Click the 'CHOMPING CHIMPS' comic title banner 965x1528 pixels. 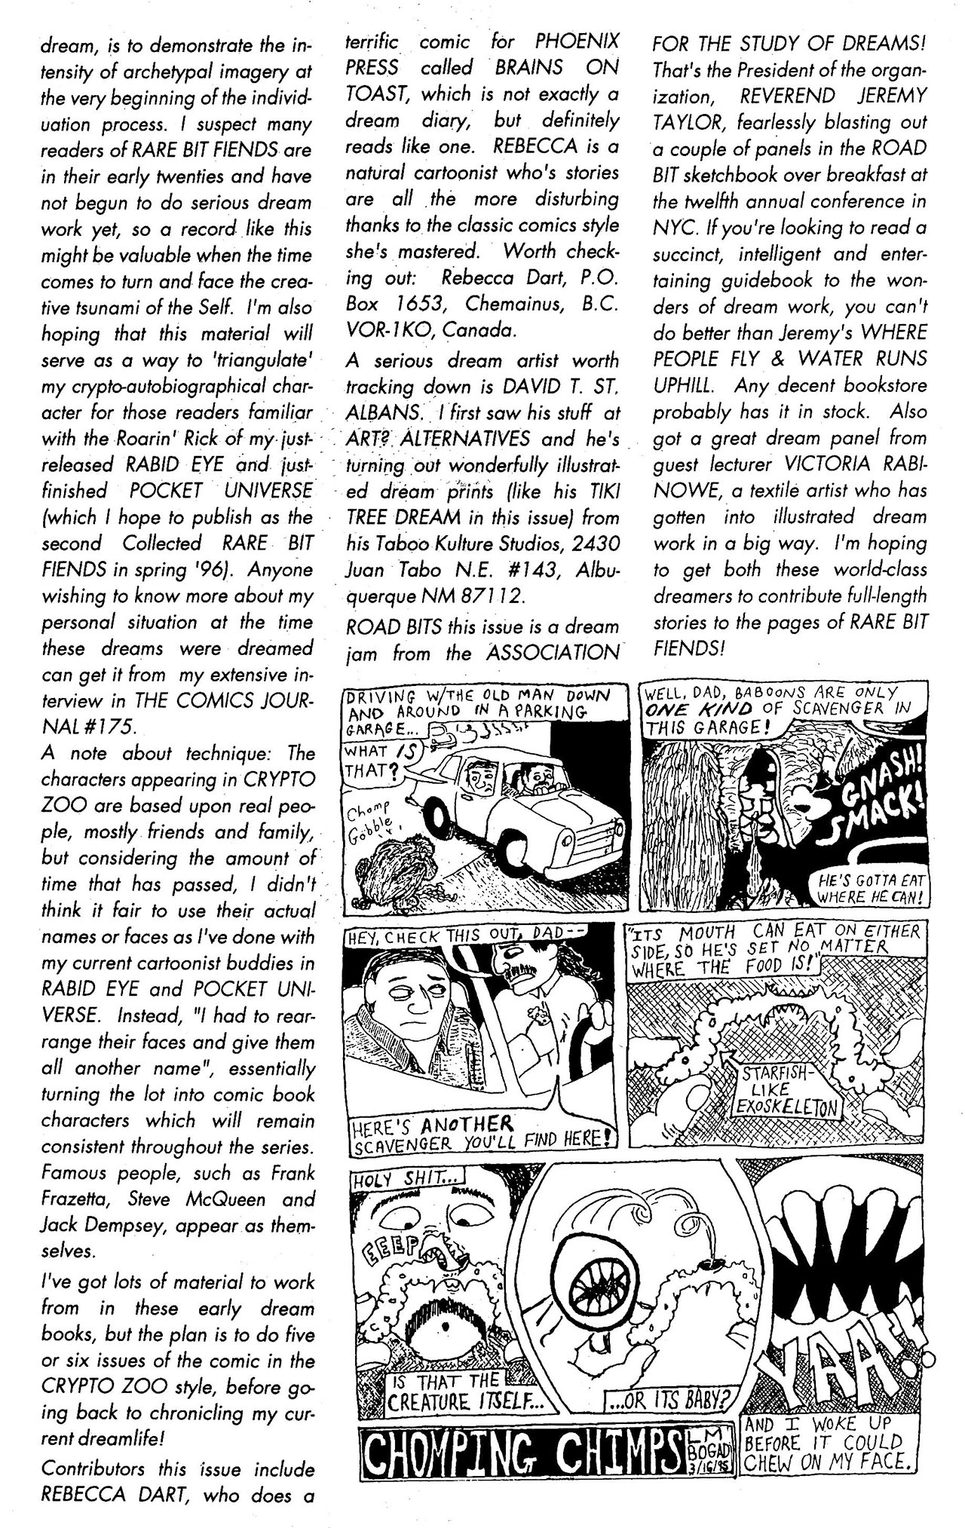[519, 1442]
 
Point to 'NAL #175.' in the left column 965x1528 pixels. [89, 727]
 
